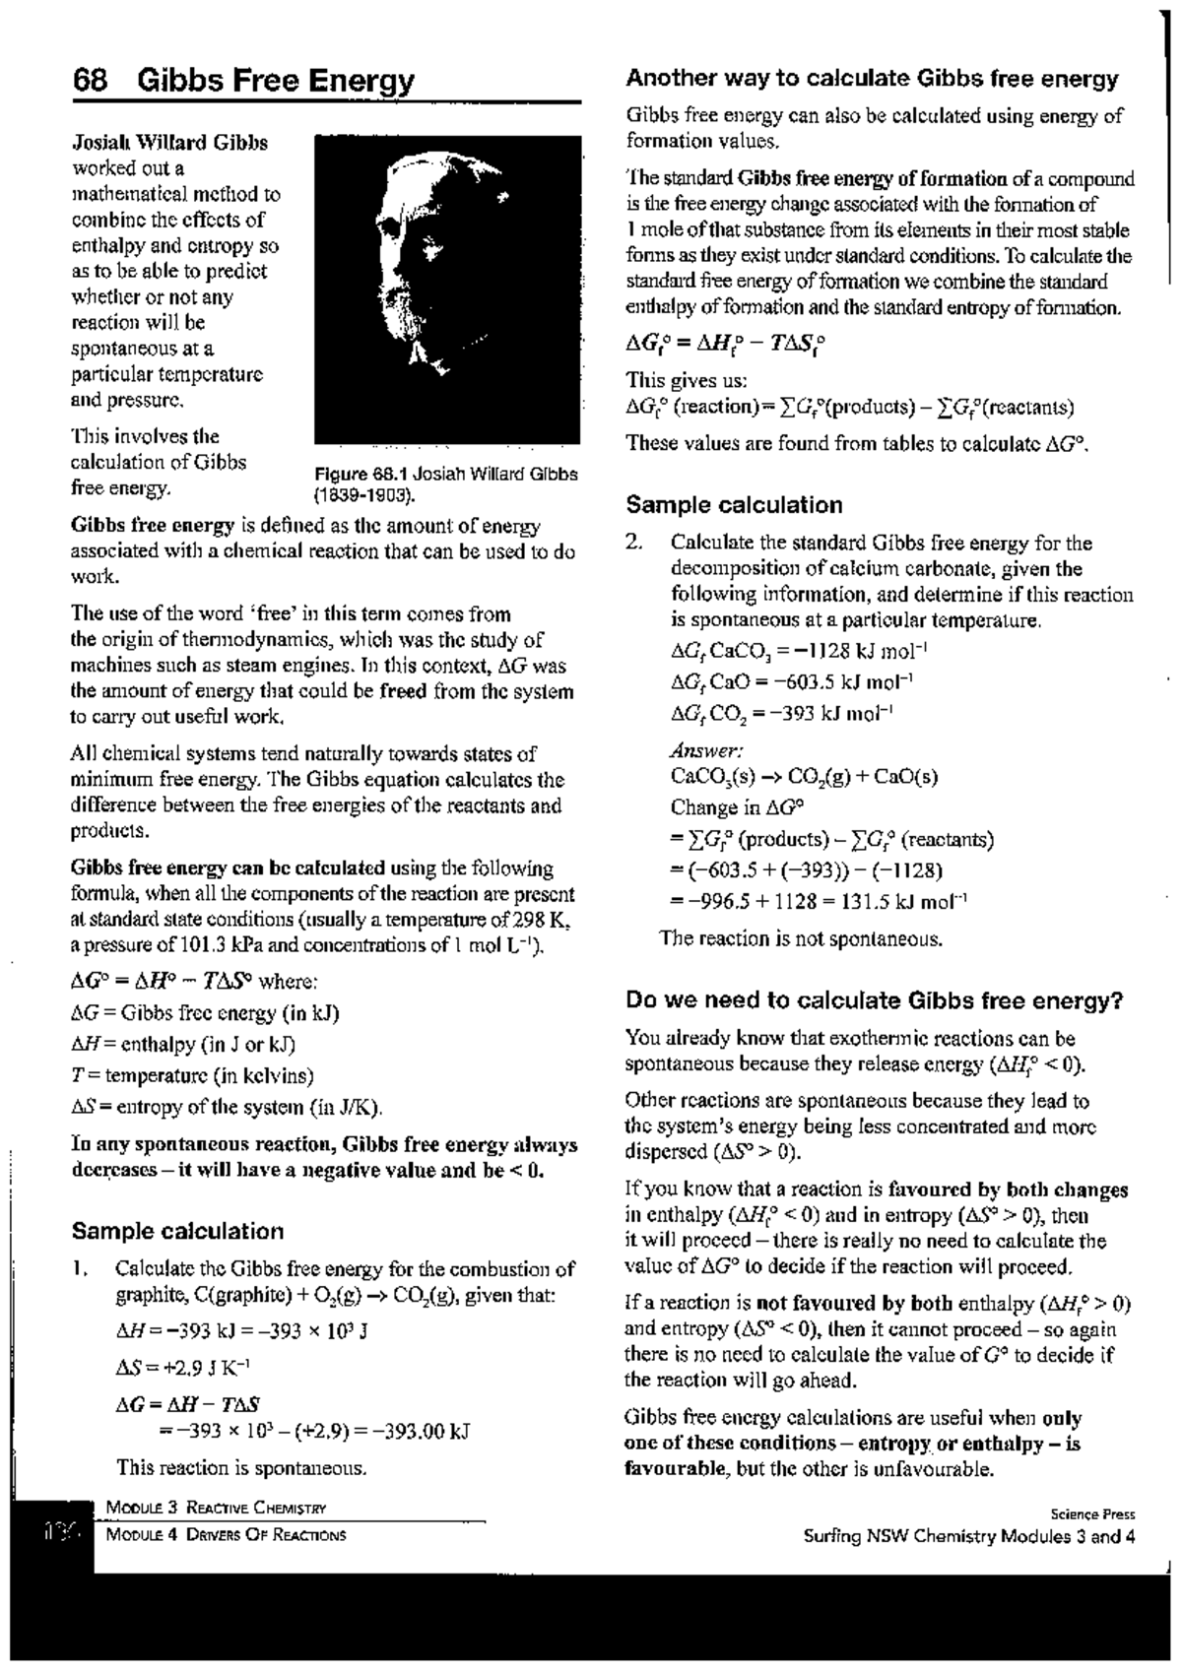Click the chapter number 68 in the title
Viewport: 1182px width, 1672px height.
point(90,81)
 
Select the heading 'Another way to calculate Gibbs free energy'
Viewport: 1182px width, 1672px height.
point(872,79)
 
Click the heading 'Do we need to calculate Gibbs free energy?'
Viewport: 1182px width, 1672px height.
point(875,1001)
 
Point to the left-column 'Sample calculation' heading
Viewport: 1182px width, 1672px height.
point(177,1231)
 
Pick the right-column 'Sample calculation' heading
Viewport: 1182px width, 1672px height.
point(734,505)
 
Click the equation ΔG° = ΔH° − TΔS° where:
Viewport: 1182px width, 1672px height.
point(193,982)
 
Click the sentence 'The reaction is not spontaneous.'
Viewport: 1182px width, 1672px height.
point(801,938)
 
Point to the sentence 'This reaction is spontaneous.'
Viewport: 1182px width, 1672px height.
point(241,1468)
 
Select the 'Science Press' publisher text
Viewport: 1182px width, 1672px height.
point(1092,1514)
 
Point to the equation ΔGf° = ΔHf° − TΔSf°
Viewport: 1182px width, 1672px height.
point(725,345)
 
